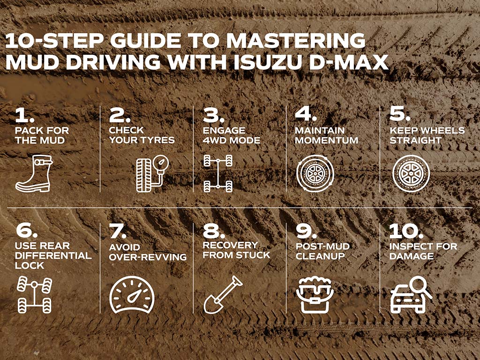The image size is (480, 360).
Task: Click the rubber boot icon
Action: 34,173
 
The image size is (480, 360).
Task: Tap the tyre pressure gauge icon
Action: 152,173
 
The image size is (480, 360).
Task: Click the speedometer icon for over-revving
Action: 132,295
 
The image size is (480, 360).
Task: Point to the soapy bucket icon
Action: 315,294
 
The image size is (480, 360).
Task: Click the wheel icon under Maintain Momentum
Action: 315,173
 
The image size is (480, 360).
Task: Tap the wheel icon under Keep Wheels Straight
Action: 411,173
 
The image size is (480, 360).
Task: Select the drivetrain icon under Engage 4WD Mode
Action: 218,173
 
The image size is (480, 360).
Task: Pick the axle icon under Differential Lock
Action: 34,294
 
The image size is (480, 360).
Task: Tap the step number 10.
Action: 406,231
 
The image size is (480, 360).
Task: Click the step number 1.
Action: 24,115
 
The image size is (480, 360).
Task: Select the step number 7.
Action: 118,231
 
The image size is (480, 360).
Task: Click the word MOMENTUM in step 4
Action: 326,140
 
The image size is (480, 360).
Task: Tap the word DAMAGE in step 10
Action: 412,256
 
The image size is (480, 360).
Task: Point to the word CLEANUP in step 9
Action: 320,256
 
